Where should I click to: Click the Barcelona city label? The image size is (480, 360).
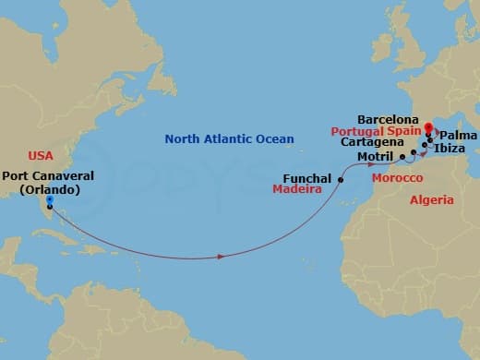tap(389, 120)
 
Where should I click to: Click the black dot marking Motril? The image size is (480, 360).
tap(402, 158)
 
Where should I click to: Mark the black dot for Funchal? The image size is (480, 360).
tap(341, 180)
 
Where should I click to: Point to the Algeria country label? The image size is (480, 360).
tap(433, 199)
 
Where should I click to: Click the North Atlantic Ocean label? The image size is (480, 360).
tap(230, 139)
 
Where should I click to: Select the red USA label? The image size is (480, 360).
tap(42, 156)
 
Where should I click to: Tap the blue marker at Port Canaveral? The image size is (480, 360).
tap(49, 200)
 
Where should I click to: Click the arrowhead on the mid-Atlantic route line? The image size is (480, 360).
tap(220, 256)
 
